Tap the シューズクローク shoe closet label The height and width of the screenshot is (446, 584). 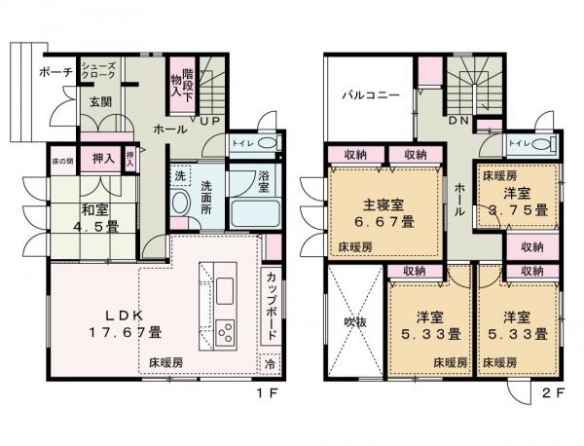[98, 69]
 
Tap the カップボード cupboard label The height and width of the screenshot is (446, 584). [272, 306]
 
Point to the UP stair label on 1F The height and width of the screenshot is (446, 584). [209, 122]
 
